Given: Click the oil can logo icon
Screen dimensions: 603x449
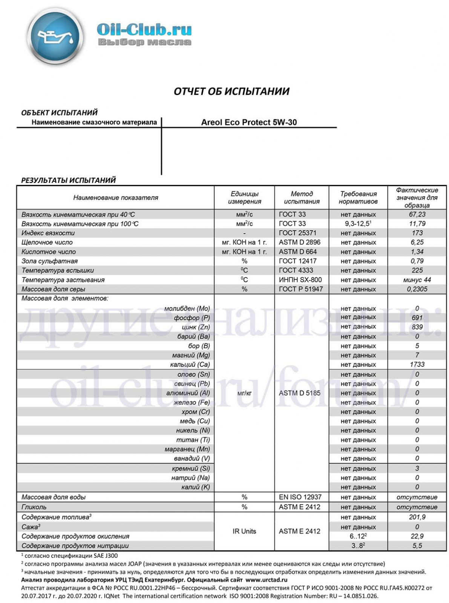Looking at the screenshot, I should click(55, 37).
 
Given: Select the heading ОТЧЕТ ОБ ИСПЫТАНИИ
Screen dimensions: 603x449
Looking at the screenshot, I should click(231, 91).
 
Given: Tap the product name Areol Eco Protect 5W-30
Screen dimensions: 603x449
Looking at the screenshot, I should click(249, 122).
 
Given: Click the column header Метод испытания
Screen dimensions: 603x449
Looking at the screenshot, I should click(302, 197).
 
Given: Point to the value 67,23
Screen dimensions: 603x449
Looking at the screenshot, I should click(417, 214).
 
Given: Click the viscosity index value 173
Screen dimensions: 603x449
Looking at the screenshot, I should click(417, 233).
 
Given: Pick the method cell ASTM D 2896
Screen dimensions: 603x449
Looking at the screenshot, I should click(298, 242).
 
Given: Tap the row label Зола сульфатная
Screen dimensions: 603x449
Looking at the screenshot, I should click(49, 261).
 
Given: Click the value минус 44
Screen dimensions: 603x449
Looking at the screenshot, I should click(417, 280).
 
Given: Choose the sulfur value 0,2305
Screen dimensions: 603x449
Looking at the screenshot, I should click(417, 289).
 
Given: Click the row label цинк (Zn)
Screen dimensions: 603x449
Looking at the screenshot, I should click(196, 327).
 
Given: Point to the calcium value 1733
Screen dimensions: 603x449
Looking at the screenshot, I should click(417, 364).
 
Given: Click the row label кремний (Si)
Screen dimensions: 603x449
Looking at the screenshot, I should click(191, 468).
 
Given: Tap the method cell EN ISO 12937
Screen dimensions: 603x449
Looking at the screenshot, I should click(300, 497).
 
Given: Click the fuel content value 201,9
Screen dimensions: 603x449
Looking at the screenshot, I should click(417, 517).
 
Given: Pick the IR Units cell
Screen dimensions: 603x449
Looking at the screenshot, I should click(244, 531).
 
